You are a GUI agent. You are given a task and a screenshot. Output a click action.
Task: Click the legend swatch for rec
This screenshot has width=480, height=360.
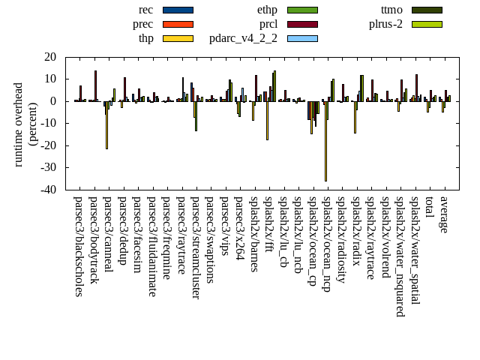[178, 10]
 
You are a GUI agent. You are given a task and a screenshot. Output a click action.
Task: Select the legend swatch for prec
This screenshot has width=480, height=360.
[178, 24]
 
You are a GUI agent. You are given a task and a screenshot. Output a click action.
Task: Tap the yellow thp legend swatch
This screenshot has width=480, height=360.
[178, 38]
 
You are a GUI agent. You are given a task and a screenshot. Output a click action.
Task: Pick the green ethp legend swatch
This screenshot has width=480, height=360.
[302, 10]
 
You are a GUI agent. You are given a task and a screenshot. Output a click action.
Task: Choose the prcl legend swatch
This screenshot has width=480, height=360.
[302, 24]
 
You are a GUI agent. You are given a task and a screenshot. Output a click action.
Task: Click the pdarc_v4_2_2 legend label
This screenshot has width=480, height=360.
[243, 38]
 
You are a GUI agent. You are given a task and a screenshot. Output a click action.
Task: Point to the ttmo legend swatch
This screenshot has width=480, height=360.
[426, 10]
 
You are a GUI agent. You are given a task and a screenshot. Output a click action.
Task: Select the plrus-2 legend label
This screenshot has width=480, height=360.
[385, 24]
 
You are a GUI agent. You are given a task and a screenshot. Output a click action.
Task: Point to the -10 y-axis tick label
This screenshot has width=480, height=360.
[49, 123]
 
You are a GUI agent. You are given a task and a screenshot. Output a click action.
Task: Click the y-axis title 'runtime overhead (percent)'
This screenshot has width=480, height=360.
[25, 124]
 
